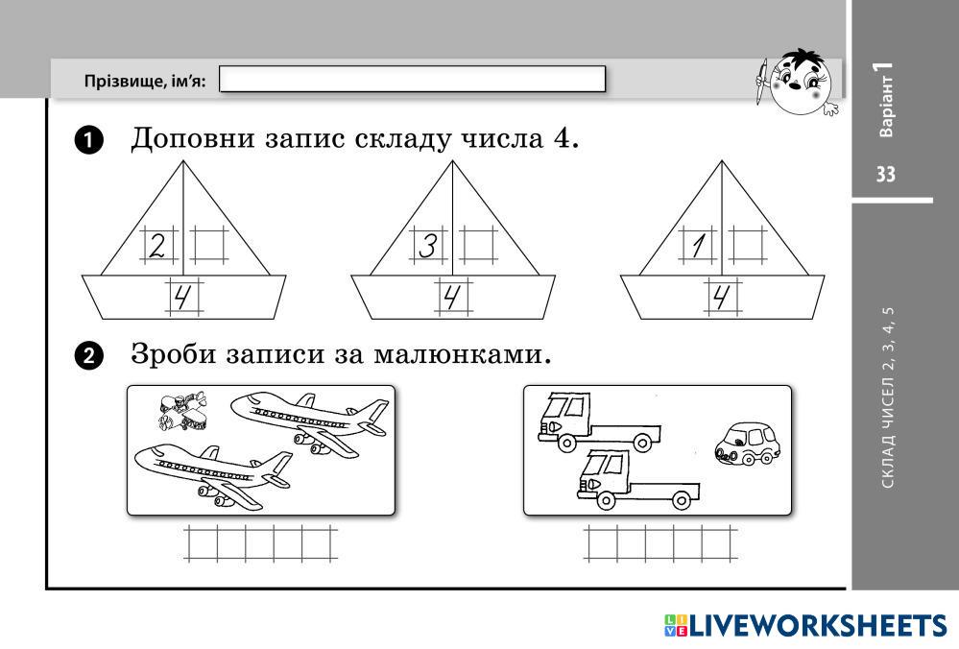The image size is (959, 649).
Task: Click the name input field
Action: click(x=413, y=79)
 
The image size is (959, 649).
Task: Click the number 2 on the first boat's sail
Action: click(x=157, y=246)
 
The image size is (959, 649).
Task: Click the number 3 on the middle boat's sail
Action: click(x=427, y=246)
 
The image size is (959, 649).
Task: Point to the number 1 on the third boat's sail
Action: click(x=697, y=246)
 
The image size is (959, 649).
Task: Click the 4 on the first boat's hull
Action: click(x=183, y=298)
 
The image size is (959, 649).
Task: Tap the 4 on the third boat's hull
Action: click(x=723, y=298)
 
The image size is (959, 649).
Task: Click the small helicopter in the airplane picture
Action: click(x=182, y=411)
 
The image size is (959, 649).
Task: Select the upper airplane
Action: click(x=309, y=421)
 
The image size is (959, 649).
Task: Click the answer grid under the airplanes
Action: click(x=260, y=543)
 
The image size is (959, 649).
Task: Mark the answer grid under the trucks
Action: click(x=659, y=543)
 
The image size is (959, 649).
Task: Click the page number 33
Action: click(x=884, y=174)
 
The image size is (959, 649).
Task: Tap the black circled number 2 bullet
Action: click(x=87, y=356)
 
